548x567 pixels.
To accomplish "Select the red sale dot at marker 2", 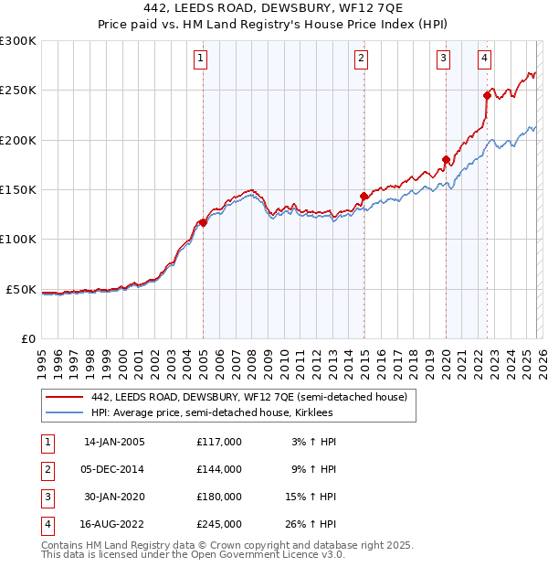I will [x=364, y=196].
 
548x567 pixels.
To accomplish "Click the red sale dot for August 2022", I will [x=487, y=95].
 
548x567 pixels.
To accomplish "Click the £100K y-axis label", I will [x=18, y=240].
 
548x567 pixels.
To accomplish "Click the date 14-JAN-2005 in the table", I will [x=114, y=442].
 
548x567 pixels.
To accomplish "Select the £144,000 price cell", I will [x=218, y=469].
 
